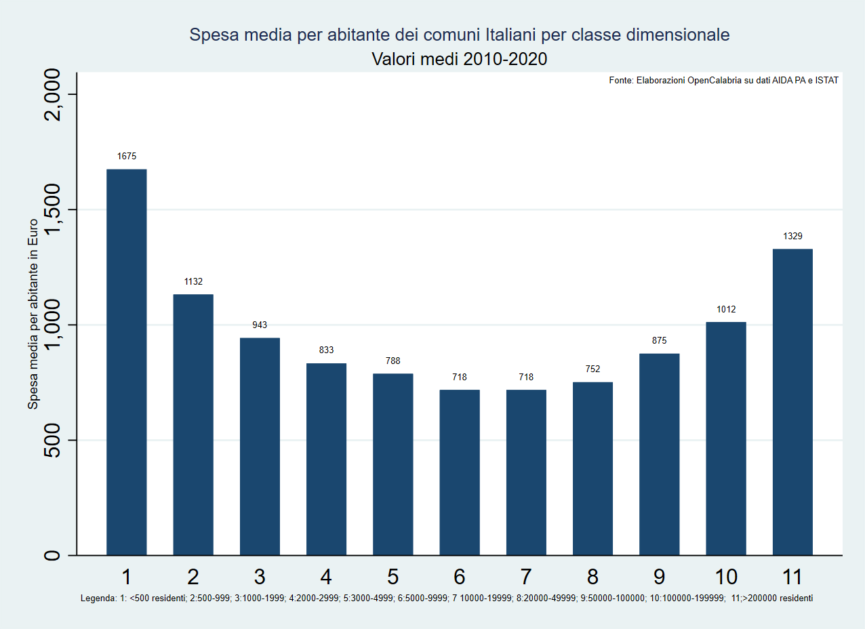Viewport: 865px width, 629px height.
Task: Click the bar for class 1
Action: pyautogui.click(x=127, y=362)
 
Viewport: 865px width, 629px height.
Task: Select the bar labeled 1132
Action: pyautogui.click(x=193, y=425)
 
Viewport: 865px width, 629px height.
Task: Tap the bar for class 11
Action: pyautogui.click(x=792, y=402)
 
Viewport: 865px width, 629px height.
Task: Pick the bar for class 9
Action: pyautogui.click(x=659, y=455)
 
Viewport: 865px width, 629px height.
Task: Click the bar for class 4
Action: pyautogui.click(x=326, y=459)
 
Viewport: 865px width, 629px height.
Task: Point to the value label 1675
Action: pyautogui.click(x=127, y=156)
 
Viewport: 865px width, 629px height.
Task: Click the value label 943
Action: pyautogui.click(x=260, y=325)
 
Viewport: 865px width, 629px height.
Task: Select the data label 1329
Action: pyautogui.click(x=792, y=236)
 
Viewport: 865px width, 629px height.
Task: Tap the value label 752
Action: pyautogui.click(x=592, y=369)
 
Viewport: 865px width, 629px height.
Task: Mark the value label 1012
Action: pyautogui.click(x=726, y=309)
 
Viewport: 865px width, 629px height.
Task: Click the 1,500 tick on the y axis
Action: pyautogui.click(x=52, y=209)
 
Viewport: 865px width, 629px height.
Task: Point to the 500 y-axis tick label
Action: pyautogui.click(x=52, y=440)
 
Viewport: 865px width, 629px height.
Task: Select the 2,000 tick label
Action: pyautogui.click(x=52, y=95)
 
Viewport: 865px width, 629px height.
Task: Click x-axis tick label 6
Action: pyautogui.click(x=460, y=577)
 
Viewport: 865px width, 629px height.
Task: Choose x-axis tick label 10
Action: pyautogui.click(x=726, y=577)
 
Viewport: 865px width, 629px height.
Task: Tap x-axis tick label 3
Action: pyautogui.click(x=260, y=577)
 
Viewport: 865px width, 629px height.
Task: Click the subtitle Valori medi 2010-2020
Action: pyautogui.click(x=459, y=59)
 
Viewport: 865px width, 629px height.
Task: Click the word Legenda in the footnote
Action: pyautogui.click(x=98, y=598)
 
